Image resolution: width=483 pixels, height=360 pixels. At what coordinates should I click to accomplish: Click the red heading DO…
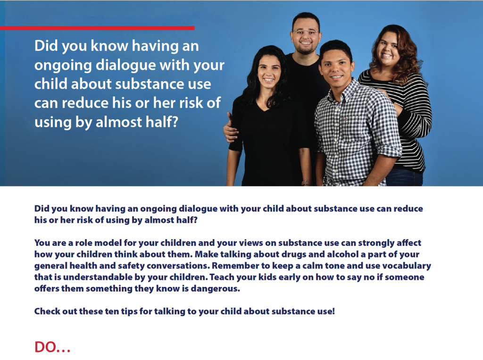click(x=52, y=347)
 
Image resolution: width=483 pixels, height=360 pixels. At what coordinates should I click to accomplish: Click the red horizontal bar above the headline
click(x=97, y=28)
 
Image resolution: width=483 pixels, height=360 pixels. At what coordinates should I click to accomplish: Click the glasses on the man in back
click(x=305, y=33)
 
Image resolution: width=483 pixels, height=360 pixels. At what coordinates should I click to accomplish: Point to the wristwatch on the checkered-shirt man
click(x=306, y=182)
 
